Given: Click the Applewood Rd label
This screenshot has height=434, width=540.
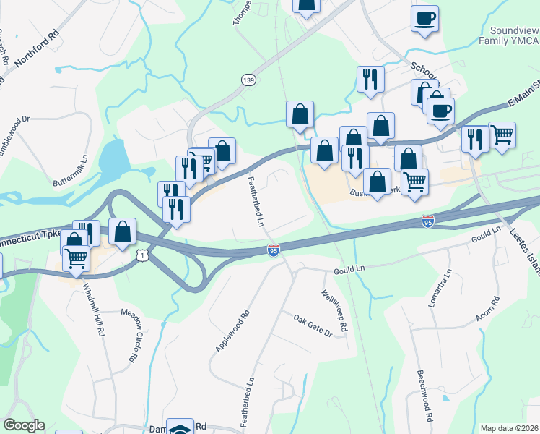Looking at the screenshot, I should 232,332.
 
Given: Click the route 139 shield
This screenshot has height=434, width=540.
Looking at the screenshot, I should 248,80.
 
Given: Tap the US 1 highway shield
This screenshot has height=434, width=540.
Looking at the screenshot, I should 143,255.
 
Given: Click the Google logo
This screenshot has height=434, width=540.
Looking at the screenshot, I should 24,425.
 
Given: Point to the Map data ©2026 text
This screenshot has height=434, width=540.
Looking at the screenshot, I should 509,428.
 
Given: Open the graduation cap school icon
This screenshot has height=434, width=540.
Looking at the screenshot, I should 180,427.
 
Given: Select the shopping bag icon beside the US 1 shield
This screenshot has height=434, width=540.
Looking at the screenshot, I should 123,231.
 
